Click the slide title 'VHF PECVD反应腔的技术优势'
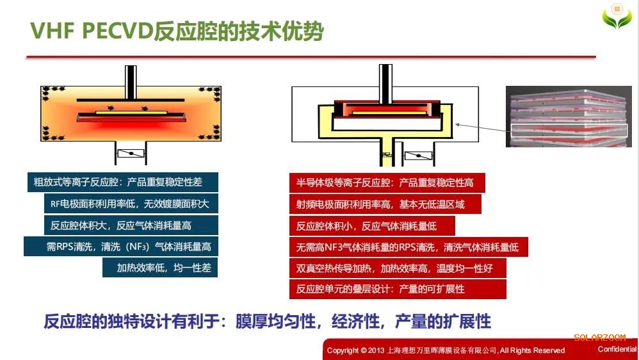tap(177, 31)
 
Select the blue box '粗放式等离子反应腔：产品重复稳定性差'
tap(122, 182)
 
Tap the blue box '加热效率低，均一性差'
tap(160, 267)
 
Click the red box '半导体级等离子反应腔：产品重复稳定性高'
tap(386, 183)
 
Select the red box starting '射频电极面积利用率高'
tap(385, 204)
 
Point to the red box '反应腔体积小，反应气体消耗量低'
tap(371, 225)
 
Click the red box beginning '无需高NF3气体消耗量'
tap(408, 247)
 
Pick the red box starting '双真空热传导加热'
tap(397, 268)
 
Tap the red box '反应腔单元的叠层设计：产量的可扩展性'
tap(397, 289)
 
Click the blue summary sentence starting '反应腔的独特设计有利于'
tap(267, 321)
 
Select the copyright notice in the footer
tap(446, 350)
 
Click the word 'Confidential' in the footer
tap(617, 349)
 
